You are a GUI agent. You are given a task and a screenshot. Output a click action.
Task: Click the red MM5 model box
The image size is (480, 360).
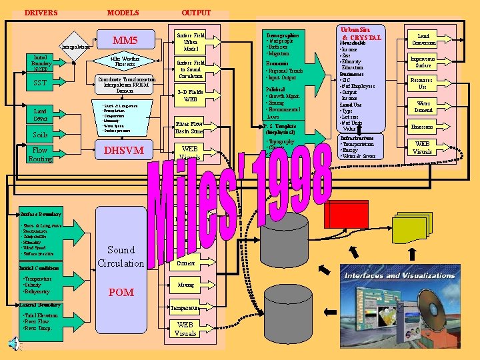125,41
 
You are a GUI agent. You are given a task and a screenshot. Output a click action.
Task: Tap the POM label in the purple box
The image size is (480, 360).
121,292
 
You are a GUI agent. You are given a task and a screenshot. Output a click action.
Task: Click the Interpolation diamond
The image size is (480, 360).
75,47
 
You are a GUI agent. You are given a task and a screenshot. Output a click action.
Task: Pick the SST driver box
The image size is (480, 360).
39,83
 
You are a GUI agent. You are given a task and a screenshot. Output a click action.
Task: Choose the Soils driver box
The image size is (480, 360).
40,134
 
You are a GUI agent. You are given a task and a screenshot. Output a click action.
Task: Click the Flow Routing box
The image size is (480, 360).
40,155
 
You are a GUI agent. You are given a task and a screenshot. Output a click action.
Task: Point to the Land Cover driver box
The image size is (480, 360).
40,114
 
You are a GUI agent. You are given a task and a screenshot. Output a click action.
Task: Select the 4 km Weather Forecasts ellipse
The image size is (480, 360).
125,63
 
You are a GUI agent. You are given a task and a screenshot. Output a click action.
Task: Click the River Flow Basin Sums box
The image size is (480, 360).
189,127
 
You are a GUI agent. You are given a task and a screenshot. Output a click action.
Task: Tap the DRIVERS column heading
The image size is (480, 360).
41,13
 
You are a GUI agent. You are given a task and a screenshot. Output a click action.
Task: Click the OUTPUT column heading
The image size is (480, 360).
196,13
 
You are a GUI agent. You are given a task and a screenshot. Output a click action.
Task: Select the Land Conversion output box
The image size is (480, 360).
423,39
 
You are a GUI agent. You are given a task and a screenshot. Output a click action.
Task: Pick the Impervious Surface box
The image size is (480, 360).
423,62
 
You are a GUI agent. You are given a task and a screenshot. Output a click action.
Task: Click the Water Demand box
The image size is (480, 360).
423,106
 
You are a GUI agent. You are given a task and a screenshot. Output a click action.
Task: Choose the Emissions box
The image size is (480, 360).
423,127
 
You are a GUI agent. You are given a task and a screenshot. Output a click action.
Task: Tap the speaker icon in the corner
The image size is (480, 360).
14,344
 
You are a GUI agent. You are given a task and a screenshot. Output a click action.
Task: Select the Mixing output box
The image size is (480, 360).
185,285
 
